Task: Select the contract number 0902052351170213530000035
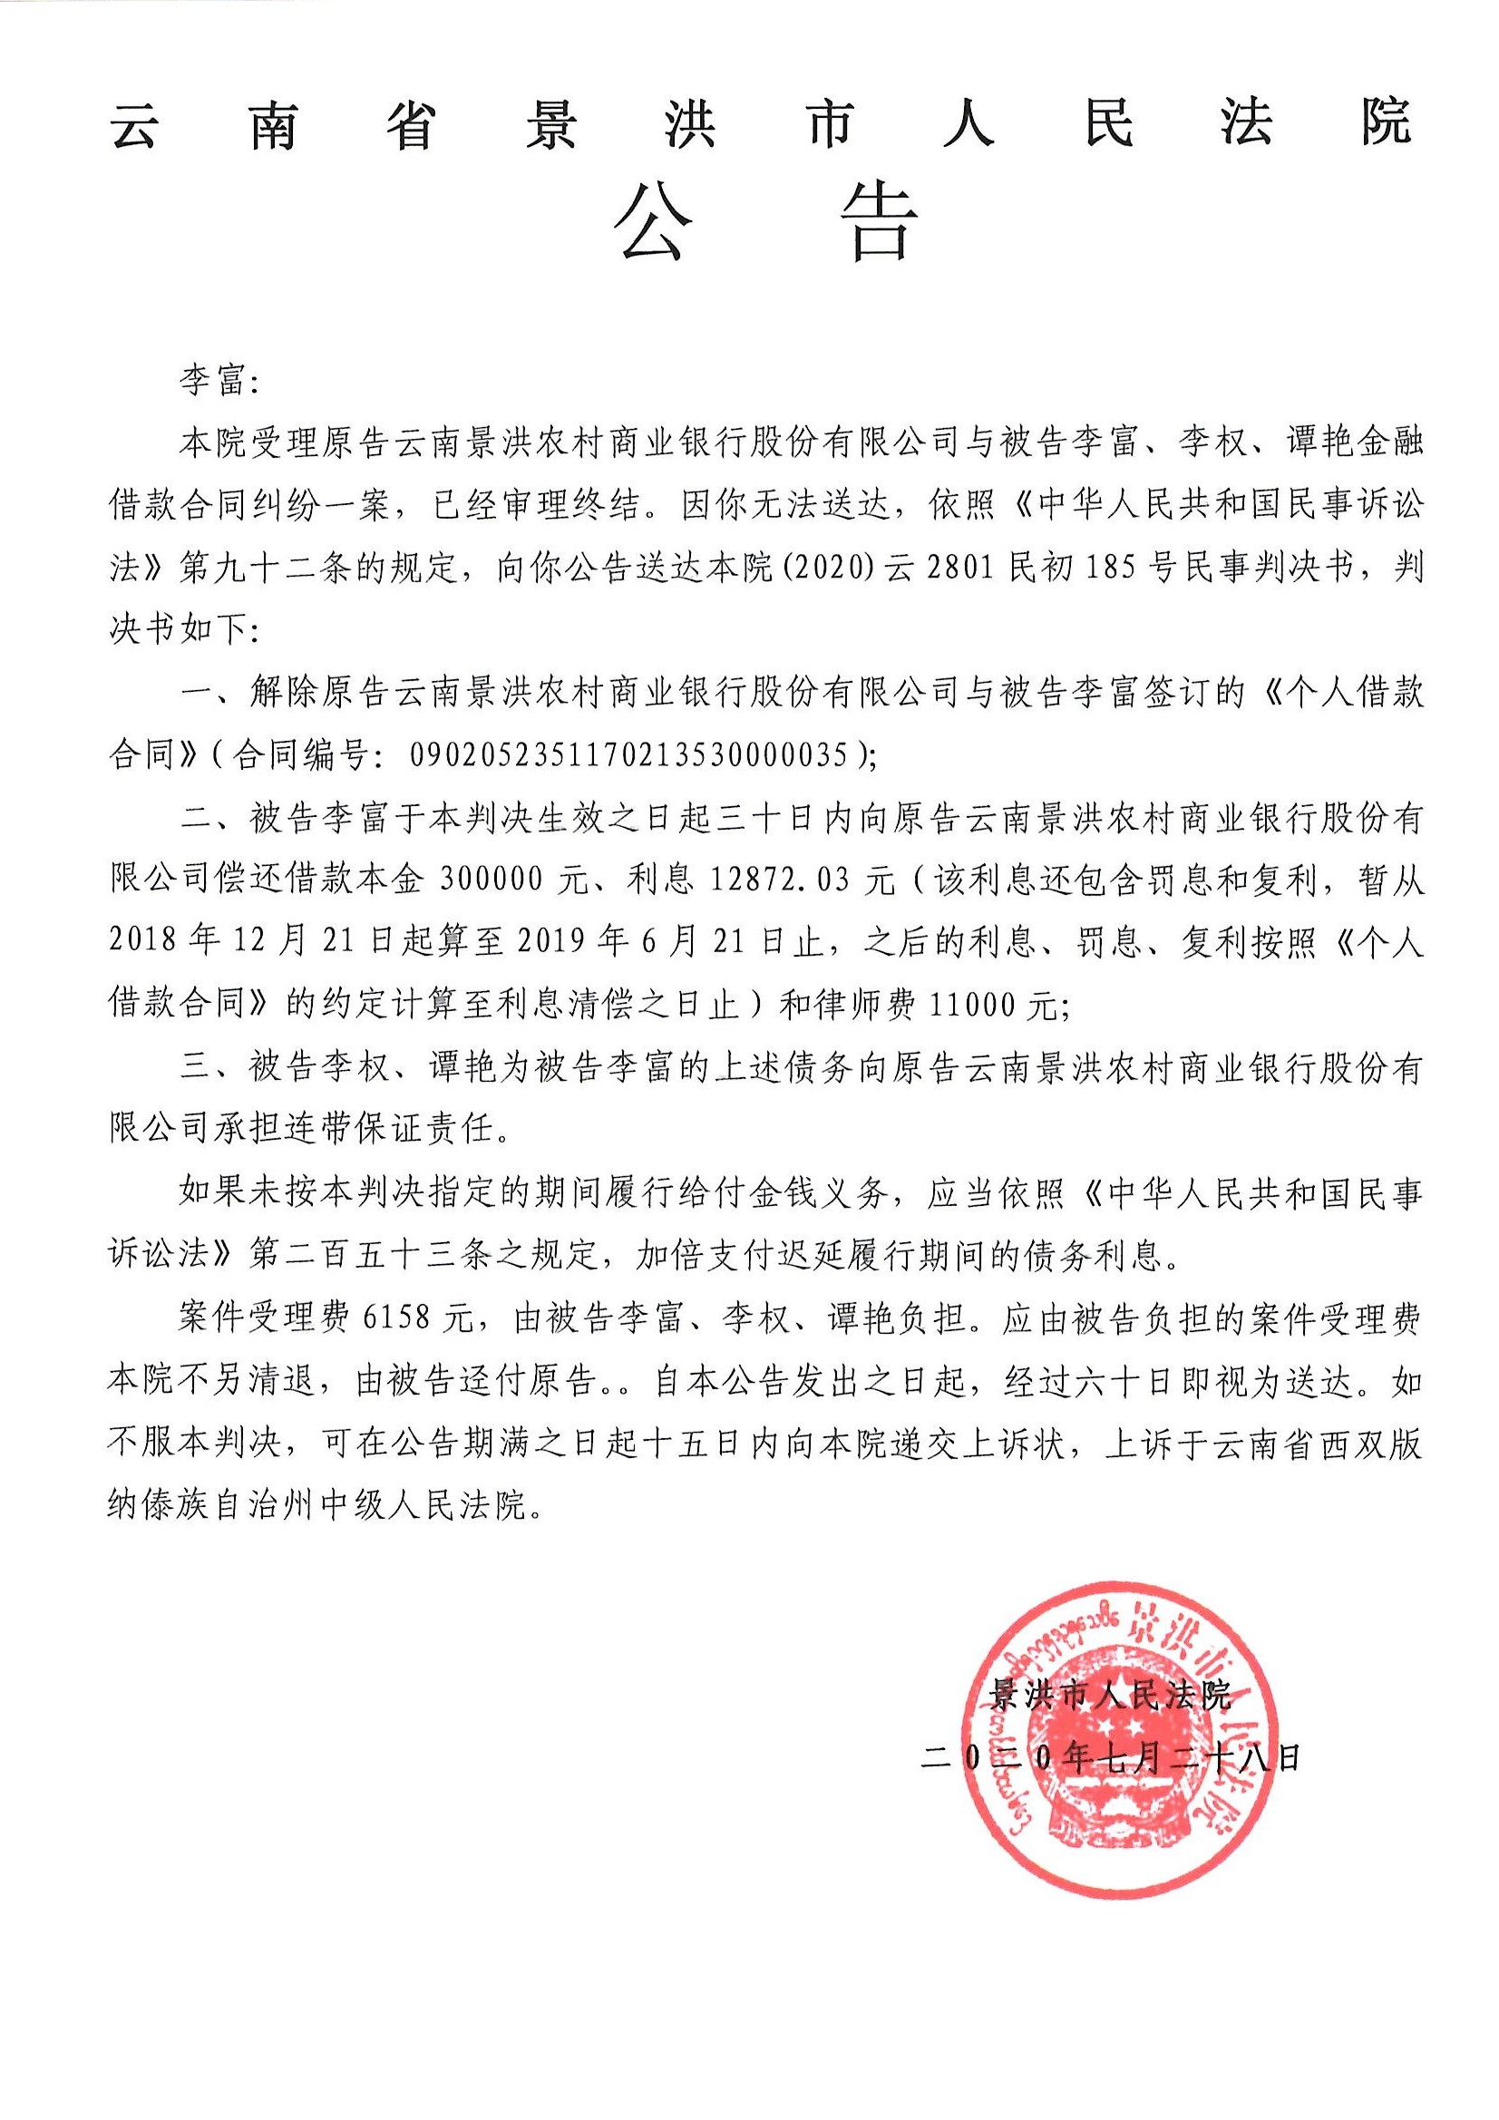point(628,756)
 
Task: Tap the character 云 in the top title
point(138,125)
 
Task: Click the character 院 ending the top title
point(1386,123)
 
